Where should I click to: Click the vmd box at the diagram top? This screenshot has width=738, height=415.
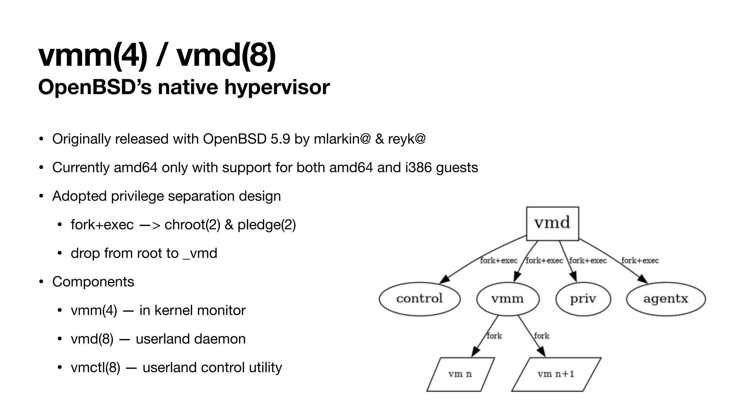(x=552, y=223)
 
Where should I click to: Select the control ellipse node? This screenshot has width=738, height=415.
(x=419, y=299)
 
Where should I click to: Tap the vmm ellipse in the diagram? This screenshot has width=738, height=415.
(x=507, y=299)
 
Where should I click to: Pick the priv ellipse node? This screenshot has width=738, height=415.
(x=583, y=299)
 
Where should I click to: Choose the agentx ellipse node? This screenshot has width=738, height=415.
(x=666, y=299)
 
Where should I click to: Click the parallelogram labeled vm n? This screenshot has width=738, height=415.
(x=460, y=374)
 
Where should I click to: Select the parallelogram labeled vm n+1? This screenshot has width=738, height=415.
(x=556, y=374)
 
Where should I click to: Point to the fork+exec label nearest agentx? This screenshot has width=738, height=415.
(x=640, y=260)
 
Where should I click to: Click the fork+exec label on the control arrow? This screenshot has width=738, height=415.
(x=499, y=260)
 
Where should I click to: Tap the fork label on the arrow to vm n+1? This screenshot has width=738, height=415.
(x=542, y=336)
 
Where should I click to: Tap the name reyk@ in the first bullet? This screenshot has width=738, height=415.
(x=406, y=139)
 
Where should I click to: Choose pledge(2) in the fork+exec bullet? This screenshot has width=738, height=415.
(x=267, y=225)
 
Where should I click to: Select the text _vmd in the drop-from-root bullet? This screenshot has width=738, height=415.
(x=200, y=253)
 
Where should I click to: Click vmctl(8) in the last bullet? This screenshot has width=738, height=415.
(x=95, y=367)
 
